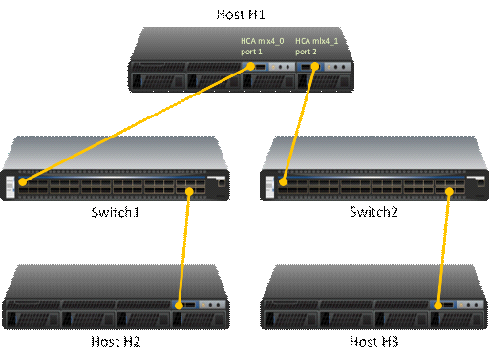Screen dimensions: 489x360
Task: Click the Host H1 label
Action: coord(241,14)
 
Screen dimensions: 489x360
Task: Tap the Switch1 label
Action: coord(116,212)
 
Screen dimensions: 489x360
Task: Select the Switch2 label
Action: coord(373,212)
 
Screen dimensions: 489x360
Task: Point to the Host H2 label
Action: coord(116,342)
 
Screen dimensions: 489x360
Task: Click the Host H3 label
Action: coord(374,342)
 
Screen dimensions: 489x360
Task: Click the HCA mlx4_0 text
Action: coord(263,41)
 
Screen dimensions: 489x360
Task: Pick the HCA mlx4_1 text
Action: coord(317,41)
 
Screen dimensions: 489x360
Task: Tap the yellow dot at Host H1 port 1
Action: coord(251,66)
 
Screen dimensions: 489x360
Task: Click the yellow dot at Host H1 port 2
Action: coord(315,66)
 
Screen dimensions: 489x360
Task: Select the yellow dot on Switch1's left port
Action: coord(23,182)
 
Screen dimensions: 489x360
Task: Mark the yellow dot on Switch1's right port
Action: coord(189,191)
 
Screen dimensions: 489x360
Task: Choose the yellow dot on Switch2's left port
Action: coord(283,182)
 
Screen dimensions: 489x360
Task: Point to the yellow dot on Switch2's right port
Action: coord(449,191)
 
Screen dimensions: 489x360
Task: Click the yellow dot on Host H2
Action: coord(180,306)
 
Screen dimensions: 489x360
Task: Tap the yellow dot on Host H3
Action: coord(438,306)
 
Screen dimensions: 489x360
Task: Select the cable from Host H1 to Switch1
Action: coord(137,124)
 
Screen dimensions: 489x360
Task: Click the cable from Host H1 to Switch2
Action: coord(299,124)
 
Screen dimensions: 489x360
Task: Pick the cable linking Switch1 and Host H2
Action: coord(184,248)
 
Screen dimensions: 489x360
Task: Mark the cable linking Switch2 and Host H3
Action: coord(444,248)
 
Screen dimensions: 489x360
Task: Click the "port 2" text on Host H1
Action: coord(306,52)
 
